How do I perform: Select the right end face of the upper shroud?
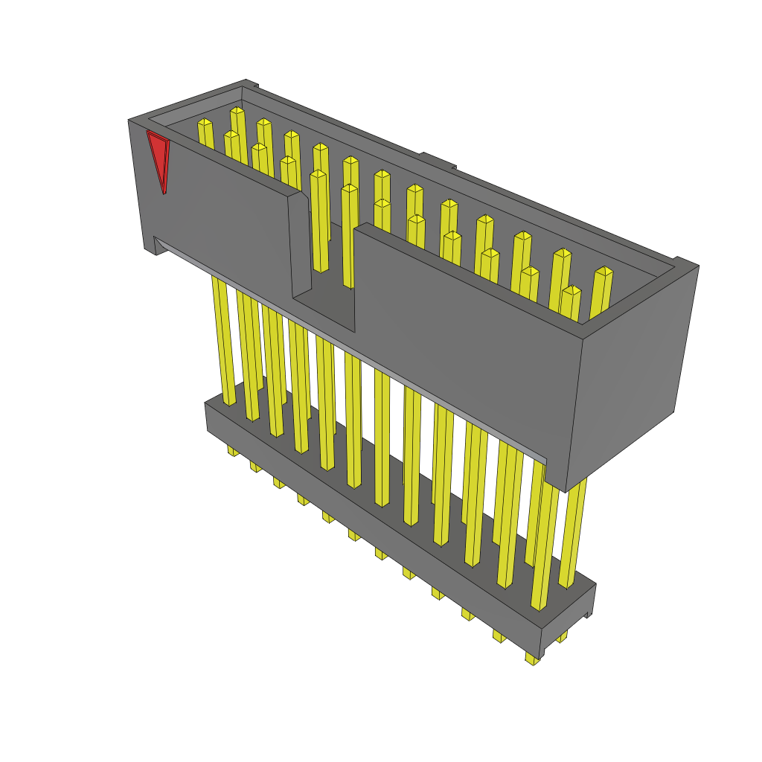(x=633, y=372)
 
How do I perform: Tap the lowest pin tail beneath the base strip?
(x=532, y=659)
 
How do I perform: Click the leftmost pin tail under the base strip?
(x=233, y=450)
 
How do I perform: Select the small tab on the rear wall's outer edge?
(x=438, y=160)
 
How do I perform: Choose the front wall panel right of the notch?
(x=461, y=335)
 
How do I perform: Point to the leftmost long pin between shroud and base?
(x=224, y=342)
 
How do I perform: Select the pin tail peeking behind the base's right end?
(x=562, y=636)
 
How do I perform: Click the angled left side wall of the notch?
(x=300, y=246)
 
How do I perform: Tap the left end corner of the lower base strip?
(x=208, y=417)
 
